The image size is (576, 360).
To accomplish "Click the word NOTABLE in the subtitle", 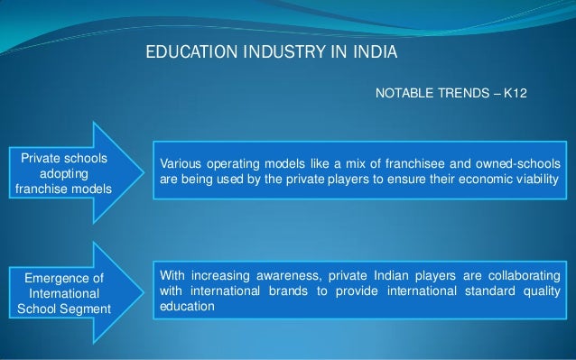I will point(401,92).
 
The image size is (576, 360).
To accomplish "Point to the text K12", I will point(525,92).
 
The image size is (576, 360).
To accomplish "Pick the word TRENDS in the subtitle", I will point(461,92).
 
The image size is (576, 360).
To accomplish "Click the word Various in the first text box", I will point(181,163).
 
